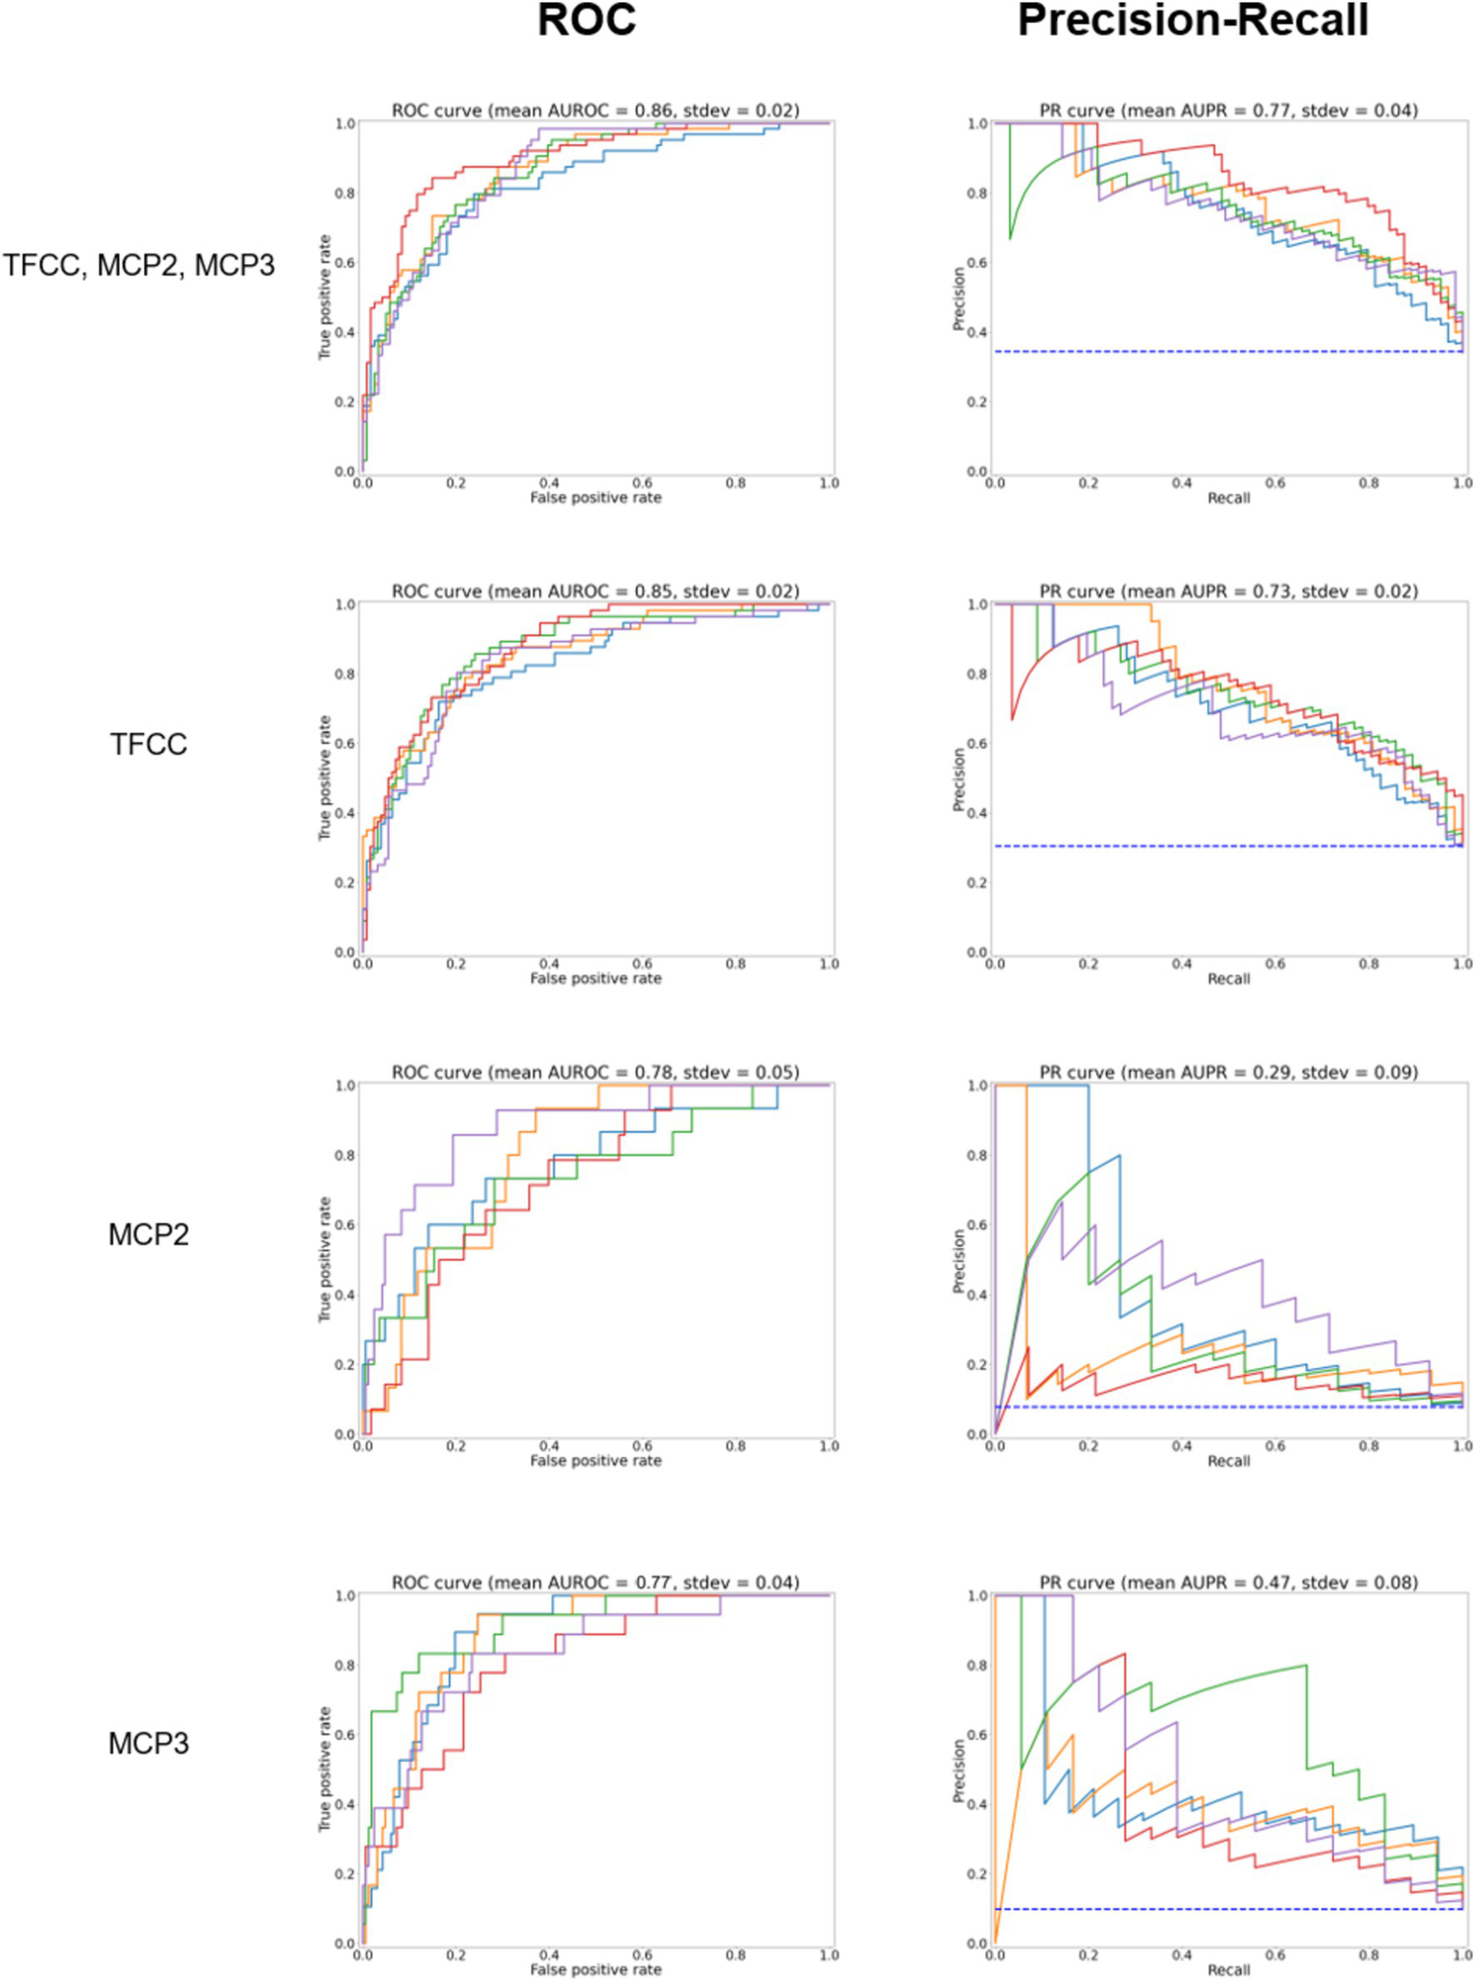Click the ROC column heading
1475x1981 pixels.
586,21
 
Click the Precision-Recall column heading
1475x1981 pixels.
1192,21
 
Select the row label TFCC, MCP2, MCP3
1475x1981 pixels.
139,265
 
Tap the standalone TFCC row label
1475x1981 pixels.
148,745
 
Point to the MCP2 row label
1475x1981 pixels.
148,1235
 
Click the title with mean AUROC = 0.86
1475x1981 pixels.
595,110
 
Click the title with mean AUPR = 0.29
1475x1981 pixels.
1228,1072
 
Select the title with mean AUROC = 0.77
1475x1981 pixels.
595,1582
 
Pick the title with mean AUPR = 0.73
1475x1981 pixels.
1228,591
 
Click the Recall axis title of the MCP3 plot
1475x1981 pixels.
1228,1970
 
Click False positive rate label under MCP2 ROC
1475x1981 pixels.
596,1460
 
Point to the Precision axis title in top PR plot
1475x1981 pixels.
958,299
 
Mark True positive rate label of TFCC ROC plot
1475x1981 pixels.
325,778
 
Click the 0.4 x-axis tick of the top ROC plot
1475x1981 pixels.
549,483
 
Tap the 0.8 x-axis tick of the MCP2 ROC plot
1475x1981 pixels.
735,1446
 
